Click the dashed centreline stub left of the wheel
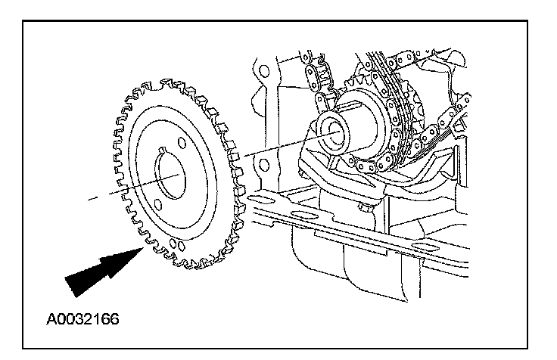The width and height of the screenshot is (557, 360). point(92,199)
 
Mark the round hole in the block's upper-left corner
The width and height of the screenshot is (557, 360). point(263,73)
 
